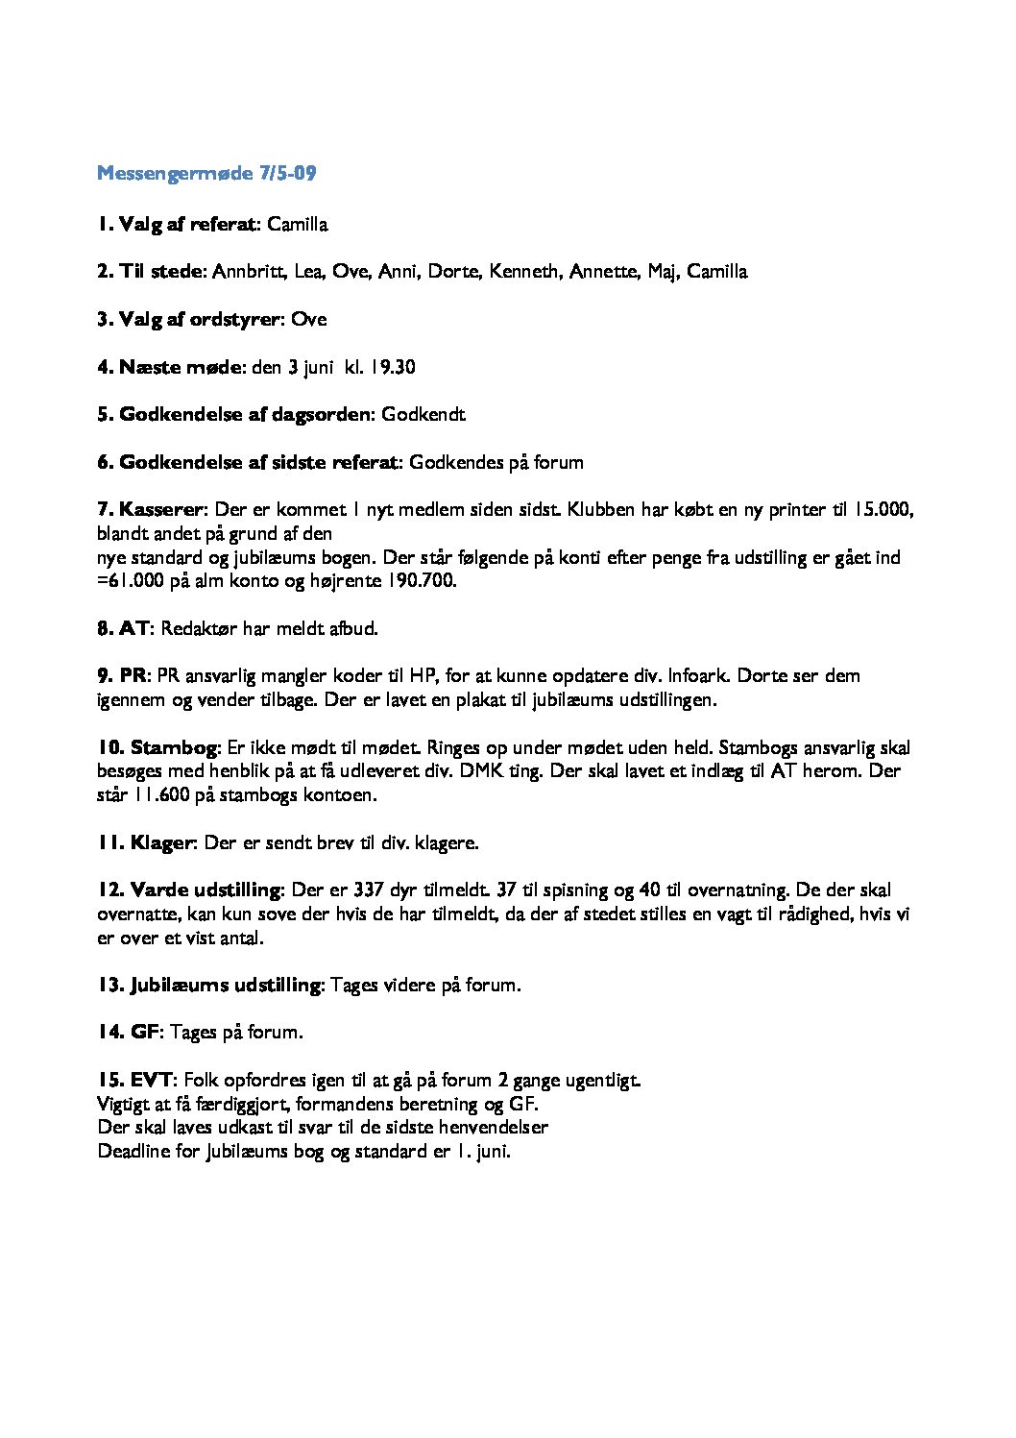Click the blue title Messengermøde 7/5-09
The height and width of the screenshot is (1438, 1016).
[x=206, y=174]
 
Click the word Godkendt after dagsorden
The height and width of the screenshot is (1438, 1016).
[x=423, y=415]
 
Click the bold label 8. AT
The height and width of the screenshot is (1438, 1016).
[x=123, y=629]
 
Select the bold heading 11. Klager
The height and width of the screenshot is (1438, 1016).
[x=145, y=843]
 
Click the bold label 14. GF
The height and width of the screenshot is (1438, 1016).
[x=128, y=1033]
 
